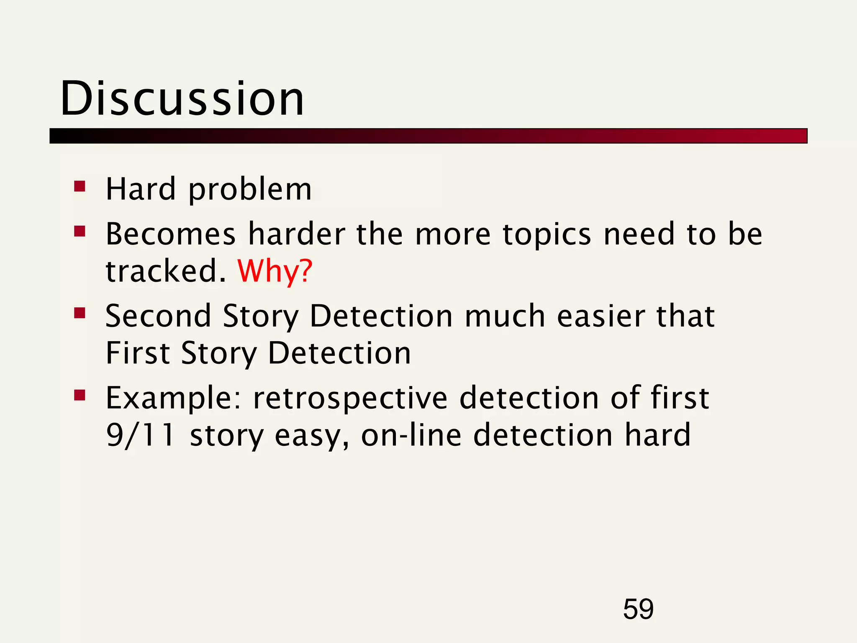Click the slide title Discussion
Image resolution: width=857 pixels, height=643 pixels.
tap(182, 99)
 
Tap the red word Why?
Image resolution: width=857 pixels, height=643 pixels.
tap(275, 271)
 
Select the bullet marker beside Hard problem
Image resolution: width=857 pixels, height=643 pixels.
tap(80, 186)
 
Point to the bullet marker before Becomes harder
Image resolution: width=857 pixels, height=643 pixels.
tap(80, 231)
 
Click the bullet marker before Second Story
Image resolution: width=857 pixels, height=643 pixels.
tap(80, 313)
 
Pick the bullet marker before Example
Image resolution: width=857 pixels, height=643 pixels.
tap(80, 395)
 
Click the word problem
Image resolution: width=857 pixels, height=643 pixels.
tap(250, 190)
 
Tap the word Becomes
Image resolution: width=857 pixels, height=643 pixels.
tap(171, 234)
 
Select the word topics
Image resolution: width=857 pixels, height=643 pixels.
tap(547, 234)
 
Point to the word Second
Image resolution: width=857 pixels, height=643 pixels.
tap(158, 316)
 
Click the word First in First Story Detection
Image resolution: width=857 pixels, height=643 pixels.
tap(138, 353)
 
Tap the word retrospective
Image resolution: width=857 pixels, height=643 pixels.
tap(350, 398)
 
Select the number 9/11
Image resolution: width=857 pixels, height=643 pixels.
tap(140, 435)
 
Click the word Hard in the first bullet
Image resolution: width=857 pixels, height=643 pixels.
tap(141, 189)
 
